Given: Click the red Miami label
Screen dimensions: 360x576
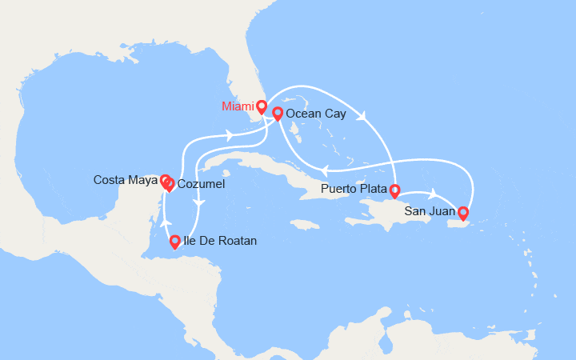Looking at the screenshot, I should click(x=238, y=106).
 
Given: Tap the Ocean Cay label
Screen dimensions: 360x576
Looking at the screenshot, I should click(x=316, y=114).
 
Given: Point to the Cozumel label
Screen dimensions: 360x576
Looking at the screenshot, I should click(x=201, y=185).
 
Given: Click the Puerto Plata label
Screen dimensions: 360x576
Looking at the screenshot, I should click(x=354, y=190).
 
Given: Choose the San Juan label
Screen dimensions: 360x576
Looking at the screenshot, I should click(x=430, y=211).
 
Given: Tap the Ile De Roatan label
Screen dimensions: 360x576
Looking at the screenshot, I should click(x=221, y=240).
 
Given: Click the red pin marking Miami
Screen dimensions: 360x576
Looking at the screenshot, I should click(x=262, y=106).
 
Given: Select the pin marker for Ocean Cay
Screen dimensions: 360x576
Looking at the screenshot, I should click(x=278, y=114).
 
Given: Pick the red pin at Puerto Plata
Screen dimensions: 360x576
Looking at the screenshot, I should click(x=394, y=190).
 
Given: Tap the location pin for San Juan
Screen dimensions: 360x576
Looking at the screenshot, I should click(x=462, y=212).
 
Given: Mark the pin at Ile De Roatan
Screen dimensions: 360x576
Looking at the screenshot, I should click(x=175, y=239).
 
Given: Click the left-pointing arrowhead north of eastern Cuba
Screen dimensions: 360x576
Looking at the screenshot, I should click(x=325, y=169).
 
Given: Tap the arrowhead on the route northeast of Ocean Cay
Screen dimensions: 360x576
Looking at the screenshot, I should click(x=365, y=117).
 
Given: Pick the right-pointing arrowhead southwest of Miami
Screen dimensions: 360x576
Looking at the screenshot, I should click(x=230, y=135).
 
